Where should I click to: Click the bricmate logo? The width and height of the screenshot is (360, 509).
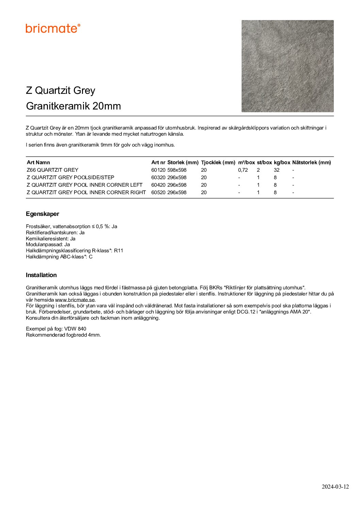coord(53,28)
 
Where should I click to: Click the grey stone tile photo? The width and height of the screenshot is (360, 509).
coord(288,66)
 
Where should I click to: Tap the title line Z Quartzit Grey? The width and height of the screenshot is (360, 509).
coord(61,90)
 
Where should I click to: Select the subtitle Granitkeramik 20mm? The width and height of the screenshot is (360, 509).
coord(73,106)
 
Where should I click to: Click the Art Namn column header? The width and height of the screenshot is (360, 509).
coord(38,163)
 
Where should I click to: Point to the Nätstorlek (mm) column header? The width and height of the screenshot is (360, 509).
coord(311,163)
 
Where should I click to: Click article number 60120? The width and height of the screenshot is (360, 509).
coord(158,170)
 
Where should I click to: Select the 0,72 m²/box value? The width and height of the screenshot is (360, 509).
coord(243,170)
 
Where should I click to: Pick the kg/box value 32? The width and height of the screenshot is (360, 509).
coord(276,170)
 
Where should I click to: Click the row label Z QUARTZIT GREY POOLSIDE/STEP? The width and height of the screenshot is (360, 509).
coord(70,177)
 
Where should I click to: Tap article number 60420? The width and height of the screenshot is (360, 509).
coord(158,185)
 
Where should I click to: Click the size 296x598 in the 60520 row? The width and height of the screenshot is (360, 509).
coord(177,192)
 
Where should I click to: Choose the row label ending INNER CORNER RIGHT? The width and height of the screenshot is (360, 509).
coord(86,192)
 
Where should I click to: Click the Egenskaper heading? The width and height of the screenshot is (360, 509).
coord(43,214)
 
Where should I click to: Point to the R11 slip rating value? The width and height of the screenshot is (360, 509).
coord(118,251)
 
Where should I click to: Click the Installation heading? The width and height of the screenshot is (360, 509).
coord(41,275)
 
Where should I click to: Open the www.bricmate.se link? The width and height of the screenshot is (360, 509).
coord(75,300)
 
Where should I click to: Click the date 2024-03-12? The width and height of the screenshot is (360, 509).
coord(335,487)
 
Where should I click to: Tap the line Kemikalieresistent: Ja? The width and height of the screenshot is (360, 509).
coord(51,239)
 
